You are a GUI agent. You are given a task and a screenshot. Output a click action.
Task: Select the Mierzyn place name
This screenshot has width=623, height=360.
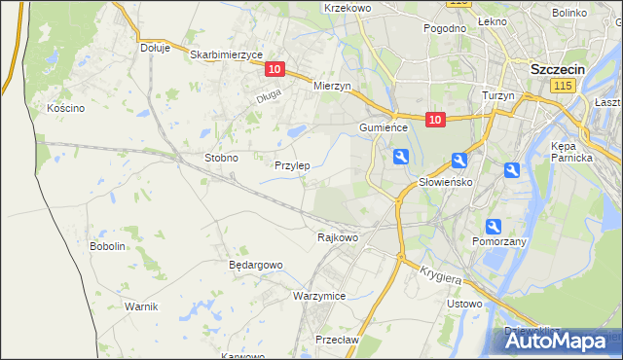coord(332,86)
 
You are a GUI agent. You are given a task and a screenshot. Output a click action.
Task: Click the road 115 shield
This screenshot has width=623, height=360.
coord(561,88)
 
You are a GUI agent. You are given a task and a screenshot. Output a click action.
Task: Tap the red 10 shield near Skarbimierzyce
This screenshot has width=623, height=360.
coord(275,69)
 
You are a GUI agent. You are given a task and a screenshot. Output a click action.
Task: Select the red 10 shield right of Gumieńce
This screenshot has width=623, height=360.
coord(434,120)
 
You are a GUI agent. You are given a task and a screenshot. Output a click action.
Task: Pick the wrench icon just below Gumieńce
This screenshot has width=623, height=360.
coord(401,157)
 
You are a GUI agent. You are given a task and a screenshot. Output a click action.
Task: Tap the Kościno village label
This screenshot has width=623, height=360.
coord(66,108)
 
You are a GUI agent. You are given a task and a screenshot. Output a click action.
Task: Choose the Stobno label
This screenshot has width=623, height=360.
coord(221,157)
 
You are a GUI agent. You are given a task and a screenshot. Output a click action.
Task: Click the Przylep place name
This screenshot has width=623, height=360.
coord(292,165)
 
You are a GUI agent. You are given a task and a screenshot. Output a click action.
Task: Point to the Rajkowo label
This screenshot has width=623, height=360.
coord(338,237)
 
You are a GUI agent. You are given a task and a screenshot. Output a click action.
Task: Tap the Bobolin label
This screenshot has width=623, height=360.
coord(108,246)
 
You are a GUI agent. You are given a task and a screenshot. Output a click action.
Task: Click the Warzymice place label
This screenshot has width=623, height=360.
coord(319,295)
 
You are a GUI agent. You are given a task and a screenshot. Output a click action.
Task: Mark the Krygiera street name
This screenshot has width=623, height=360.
coord(441,275)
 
